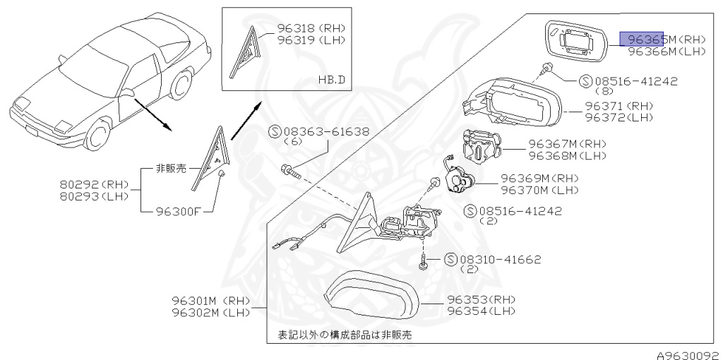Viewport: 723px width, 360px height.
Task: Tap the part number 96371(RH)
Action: [619, 105]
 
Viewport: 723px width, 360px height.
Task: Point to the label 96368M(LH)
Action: [567, 155]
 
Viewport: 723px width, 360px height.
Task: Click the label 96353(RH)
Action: [482, 299]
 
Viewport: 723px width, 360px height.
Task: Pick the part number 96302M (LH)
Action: [210, 311]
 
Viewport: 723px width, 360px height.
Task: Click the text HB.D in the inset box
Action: [331, 79]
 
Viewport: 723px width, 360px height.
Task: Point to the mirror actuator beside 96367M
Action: [482, 145]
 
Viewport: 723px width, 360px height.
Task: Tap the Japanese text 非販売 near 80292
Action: [172, 169]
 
